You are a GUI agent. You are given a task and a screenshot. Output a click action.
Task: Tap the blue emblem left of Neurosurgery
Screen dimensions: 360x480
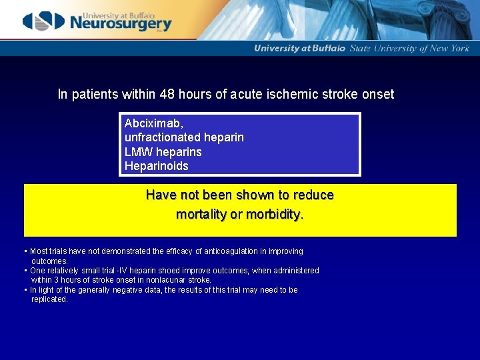(44, 21)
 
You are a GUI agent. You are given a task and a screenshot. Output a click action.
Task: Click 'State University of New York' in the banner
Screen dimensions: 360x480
(410, 48)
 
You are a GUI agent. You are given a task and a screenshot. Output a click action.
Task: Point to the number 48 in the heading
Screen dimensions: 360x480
(169, 94)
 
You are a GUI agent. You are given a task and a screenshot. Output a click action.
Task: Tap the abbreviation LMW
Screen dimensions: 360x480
(139, 151)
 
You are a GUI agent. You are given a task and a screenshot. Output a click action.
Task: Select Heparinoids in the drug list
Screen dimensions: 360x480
(157, 165)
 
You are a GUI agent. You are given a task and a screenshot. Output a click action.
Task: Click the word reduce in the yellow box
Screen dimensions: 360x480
(313, 195)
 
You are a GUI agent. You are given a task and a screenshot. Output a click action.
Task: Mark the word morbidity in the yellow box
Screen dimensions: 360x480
(274, 215)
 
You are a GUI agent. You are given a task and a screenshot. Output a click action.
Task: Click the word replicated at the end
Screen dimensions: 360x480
(49, 299)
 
